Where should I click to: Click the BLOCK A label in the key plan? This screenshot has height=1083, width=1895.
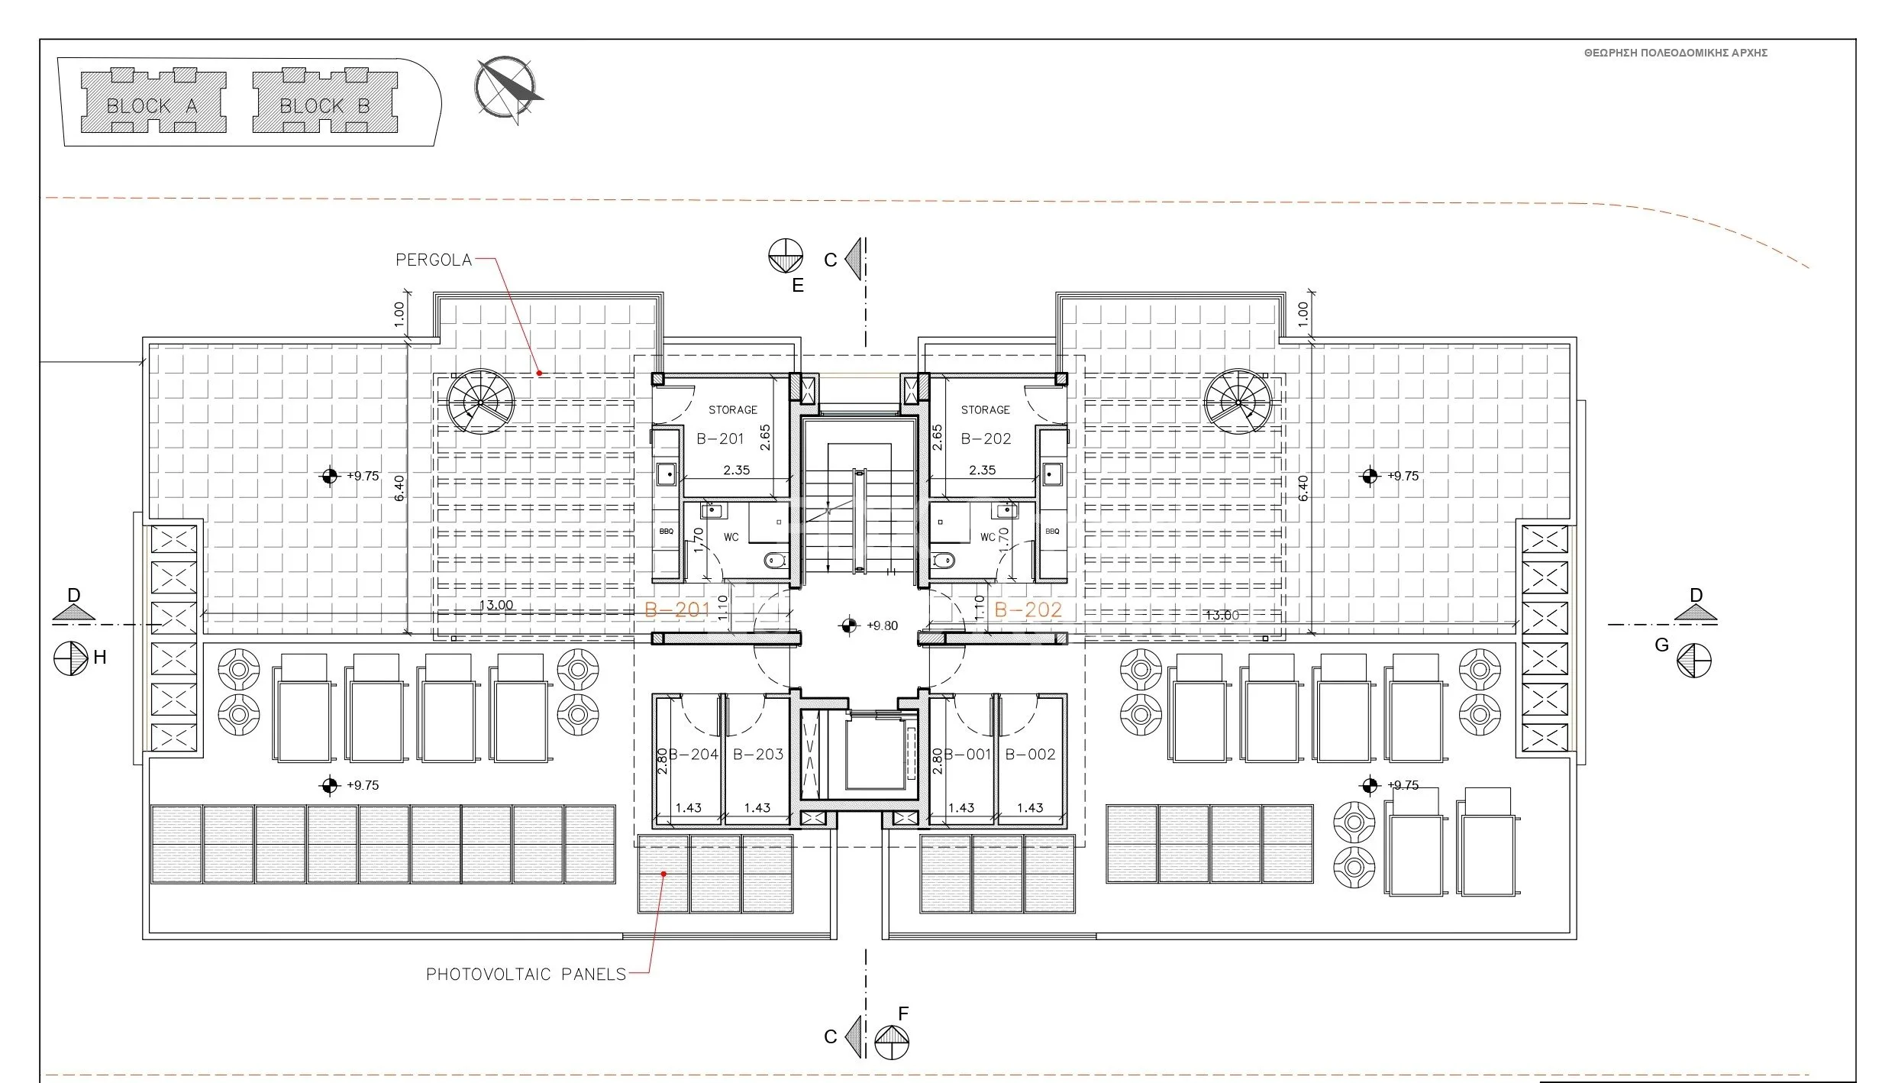152,106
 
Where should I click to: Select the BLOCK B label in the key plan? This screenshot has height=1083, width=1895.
324,106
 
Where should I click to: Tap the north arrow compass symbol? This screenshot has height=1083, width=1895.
508,89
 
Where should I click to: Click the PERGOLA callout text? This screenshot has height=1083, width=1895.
434,260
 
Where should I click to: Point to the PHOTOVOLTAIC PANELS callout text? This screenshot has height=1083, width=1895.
526,974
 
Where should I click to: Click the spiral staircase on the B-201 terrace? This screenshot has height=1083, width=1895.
481,402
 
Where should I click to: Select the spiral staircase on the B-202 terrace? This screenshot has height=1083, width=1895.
1239,402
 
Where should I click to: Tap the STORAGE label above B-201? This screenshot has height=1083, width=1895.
733,410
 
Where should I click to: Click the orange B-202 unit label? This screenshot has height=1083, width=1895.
1028,609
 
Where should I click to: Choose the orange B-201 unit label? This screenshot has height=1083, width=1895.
678,609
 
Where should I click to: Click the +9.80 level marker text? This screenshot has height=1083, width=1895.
883,626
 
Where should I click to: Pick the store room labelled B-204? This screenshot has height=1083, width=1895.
687,759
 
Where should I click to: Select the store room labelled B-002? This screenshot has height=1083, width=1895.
1031,759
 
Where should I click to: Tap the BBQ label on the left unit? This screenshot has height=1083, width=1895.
667,532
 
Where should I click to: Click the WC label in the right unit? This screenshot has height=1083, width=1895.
988,537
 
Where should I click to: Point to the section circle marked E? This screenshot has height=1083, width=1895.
786,255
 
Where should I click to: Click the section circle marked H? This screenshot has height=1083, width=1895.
71,658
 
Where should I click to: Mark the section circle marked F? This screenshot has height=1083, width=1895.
892,1042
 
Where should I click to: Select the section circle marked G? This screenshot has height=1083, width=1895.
1694,660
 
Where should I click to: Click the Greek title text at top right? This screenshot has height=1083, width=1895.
1676,53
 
